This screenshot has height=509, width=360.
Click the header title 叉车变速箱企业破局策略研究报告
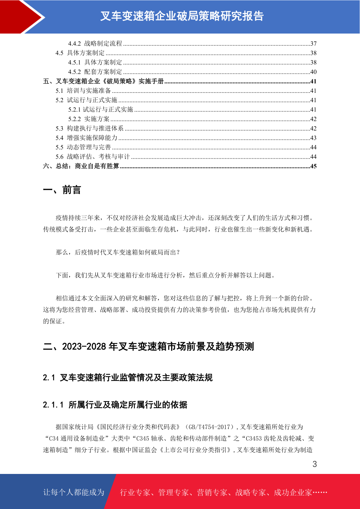(182, 16)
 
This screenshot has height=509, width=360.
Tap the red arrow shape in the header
(21, 17)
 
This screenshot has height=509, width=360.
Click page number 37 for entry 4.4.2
(313, 44)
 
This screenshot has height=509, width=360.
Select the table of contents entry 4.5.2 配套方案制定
(95, 72)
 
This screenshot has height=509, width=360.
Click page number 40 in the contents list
(313, 72)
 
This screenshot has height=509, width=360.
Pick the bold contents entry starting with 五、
(103, 81)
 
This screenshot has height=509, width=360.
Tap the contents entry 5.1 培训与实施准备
(83, 91)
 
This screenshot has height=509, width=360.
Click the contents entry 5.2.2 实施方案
(89, 119)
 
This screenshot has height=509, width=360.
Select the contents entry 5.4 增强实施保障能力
(86, 138)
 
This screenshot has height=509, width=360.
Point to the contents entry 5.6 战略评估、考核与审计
(92, 157)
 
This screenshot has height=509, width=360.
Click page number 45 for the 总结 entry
(313, 166)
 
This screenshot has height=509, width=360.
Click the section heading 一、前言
(62, 190)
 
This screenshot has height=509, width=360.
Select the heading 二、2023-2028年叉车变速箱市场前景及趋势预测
(148, 346)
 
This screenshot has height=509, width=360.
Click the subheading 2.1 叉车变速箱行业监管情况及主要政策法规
(128, 378)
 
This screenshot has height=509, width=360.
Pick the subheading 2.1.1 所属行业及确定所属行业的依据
(115, 405)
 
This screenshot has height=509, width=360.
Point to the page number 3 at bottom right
(315, 464)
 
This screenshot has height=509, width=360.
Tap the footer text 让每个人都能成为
(74, 492)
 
